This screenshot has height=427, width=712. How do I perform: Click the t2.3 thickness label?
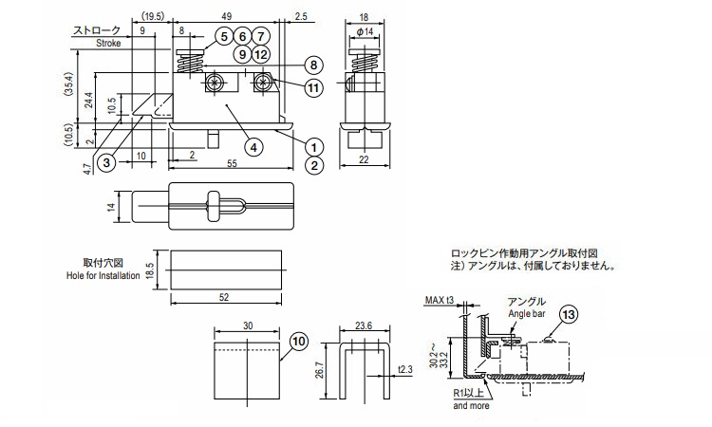(404, 369)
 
